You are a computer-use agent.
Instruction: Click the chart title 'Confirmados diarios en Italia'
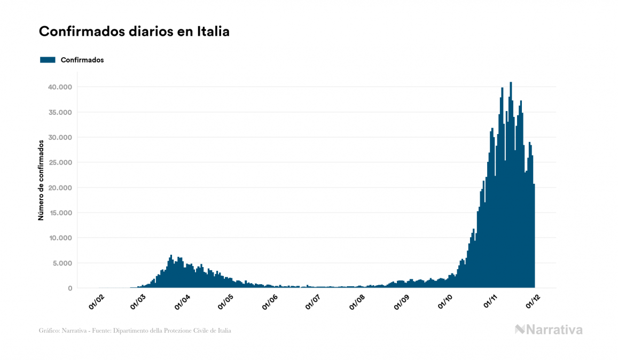134,32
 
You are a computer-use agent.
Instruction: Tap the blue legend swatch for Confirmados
48,60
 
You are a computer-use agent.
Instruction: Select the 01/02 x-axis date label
96,302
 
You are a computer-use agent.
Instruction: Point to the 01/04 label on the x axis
182,302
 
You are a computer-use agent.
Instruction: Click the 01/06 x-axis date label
270,302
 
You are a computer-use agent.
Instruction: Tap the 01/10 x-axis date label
446,302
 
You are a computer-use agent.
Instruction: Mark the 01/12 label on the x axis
534,302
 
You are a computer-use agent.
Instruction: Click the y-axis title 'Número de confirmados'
41,180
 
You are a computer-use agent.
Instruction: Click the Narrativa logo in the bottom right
549,330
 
